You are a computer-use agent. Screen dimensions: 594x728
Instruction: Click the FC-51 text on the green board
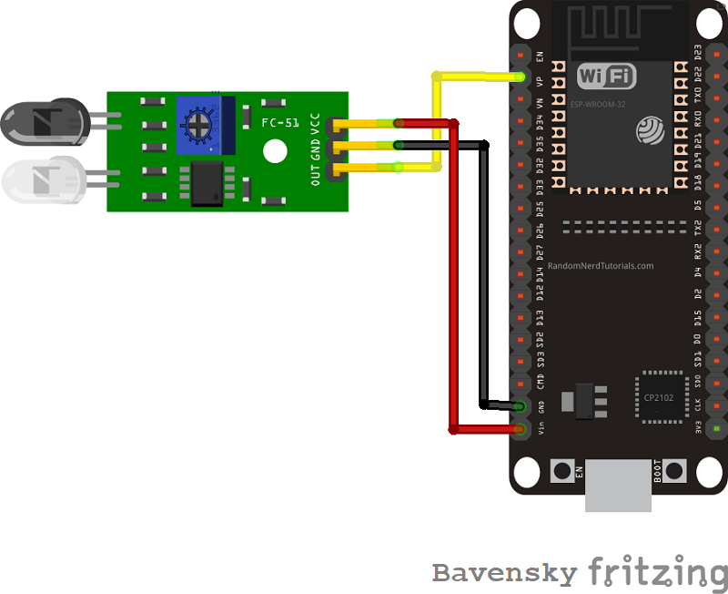point(280,122)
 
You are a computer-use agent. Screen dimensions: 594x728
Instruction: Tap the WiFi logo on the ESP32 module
point(606,75)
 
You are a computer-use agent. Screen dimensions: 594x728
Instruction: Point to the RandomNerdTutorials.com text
point(601,266)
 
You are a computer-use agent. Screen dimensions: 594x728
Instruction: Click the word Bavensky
point(504,573)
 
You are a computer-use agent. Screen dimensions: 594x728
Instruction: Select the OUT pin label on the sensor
point(315,173)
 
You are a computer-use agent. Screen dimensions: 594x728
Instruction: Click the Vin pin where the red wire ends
point(521,428)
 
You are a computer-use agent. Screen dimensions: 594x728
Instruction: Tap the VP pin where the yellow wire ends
point(521,77)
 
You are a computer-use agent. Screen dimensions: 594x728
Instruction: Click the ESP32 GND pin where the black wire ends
point(521,406)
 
